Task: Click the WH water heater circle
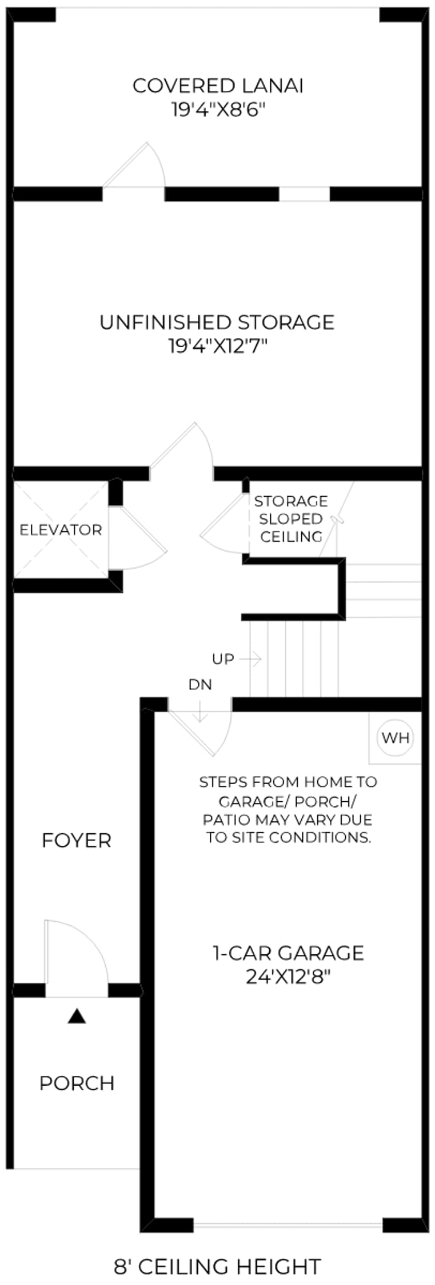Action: [396, 737]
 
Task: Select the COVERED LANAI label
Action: [218, 86]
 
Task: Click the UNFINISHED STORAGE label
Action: [217, 322]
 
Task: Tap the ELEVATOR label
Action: [61, 530]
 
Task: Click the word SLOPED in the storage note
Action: [291, 519]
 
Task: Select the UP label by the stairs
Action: [223, 659]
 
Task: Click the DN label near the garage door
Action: [200, 684]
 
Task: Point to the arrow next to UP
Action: [250, 659]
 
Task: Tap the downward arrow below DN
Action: [200, 710]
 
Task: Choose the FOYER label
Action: [77, 841]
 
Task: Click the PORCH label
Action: [77, 1083]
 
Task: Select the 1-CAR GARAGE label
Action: [289, 953]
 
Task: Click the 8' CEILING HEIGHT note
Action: [217, 1267]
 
